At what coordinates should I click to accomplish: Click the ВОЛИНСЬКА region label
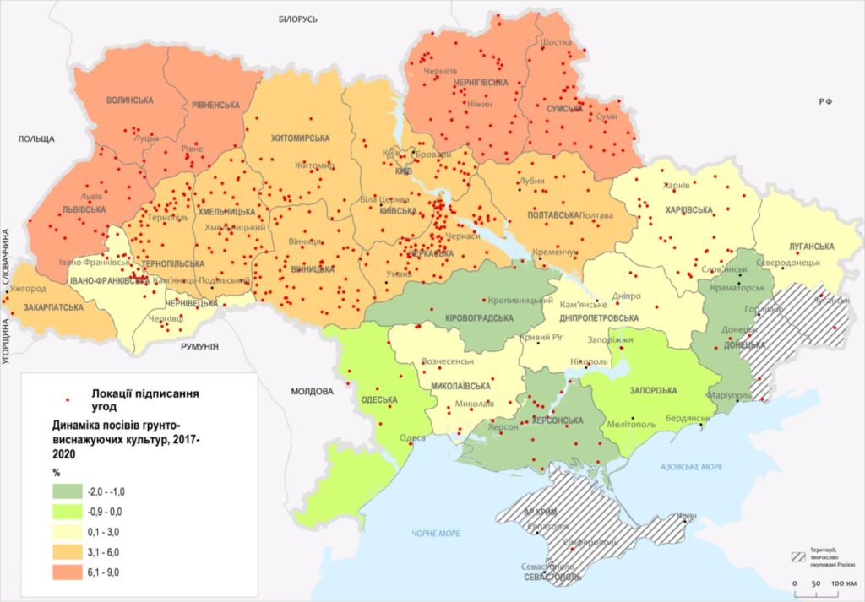tap(130, 100)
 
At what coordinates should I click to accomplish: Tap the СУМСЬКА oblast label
tap(565, 109)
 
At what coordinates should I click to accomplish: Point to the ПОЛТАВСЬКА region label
tap(553, 215)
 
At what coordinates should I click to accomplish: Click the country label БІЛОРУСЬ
tap(296, 19)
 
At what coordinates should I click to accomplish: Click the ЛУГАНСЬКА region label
tap(812, 247)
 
